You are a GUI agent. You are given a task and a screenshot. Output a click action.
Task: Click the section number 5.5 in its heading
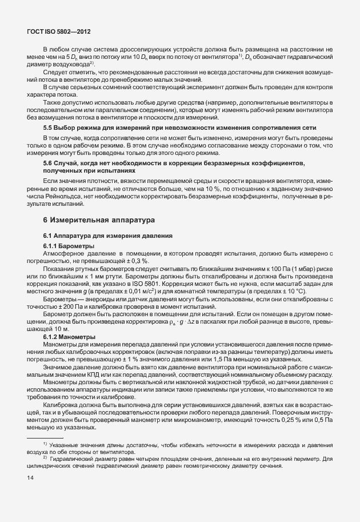(x=48, y=126)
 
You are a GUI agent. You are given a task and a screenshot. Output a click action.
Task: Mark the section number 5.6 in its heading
(x=48, y=164)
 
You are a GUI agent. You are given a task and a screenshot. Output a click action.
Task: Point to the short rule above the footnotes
(x=45, y=437)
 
